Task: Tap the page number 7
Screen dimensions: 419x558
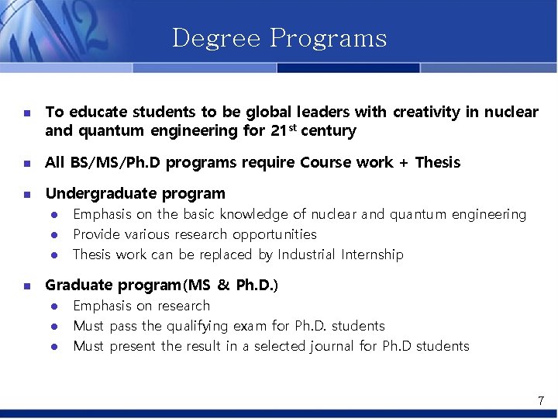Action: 541,400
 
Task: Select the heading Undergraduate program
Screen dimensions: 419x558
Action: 135,193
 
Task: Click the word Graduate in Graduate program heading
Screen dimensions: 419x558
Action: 78,285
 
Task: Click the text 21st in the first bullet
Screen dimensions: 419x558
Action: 282,130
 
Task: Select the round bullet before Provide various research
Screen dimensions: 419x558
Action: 56,234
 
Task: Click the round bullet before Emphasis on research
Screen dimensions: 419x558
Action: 56,306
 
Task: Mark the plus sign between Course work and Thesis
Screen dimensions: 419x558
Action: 404,163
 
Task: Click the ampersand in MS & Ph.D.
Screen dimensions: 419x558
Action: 223,285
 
